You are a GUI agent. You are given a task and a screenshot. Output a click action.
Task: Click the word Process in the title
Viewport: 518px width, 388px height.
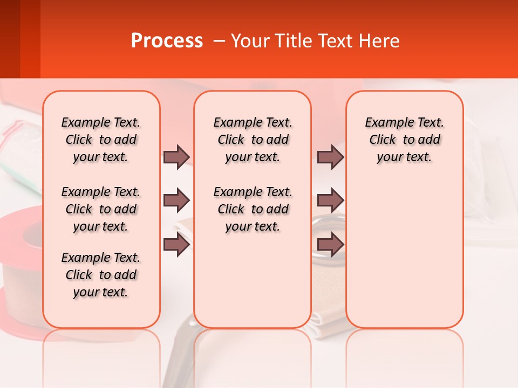point(167,41)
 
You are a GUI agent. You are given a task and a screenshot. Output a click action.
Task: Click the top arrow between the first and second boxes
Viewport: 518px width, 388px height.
point(176,157)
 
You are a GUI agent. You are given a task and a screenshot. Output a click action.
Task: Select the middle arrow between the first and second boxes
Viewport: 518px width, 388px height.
point(176,200)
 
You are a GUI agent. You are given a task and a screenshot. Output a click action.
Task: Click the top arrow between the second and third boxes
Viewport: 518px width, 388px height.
point(330,157)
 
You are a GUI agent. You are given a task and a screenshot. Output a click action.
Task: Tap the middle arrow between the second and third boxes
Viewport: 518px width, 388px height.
point(330,200)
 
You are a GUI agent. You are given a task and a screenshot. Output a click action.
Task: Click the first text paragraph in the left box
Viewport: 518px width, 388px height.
point(101,140)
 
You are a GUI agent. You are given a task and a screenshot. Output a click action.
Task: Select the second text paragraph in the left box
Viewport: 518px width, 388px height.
point(101,209)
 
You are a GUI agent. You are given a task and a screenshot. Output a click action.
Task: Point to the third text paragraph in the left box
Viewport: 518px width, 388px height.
point(101,275)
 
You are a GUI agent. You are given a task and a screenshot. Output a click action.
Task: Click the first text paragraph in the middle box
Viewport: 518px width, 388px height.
point(253,140)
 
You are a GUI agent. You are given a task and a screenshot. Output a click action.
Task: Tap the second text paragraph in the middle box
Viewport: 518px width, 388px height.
point(253,209)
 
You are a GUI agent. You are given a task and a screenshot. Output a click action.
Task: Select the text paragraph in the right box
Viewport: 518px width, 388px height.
point(404,140)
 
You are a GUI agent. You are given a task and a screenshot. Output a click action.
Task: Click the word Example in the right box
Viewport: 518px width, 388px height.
point(384,123)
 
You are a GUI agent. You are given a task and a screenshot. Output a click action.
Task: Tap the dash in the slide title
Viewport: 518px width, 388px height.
point(218,41)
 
